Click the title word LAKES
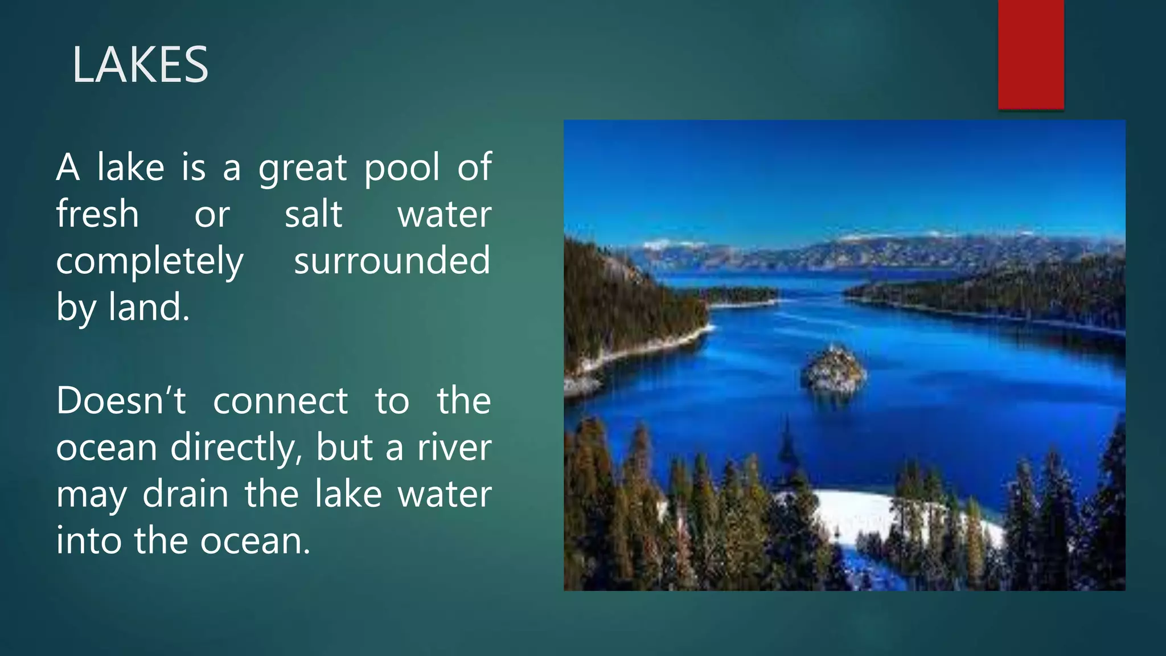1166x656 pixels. tap(140, 65)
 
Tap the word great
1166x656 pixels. tap(302, 169)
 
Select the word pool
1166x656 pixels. tap(402, 169)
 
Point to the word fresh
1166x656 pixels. tap(97, 214)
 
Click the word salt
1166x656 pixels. tap(313, 214)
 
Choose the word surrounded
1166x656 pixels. tap(392, 260)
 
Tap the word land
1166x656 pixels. tap(149, 307)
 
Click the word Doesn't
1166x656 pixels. tap(121, 400)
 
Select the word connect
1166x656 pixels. tap(280, 401)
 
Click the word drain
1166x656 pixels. tap(186, 494)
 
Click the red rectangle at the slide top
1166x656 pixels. tap(1030, 54)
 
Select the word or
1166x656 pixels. tap(212, 215)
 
